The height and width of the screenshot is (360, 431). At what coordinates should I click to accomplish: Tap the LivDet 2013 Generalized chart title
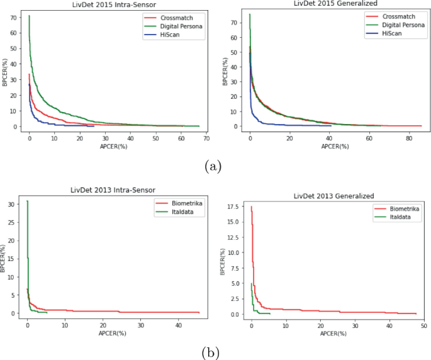click(x=334, y=196)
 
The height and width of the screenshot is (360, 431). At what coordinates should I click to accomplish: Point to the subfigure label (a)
click(x=214, y=166)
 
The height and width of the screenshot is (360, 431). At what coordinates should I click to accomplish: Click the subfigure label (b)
click(x=214, y=352)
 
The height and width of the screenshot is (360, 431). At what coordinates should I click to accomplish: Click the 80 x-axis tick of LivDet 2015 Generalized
click(x=408, y=138)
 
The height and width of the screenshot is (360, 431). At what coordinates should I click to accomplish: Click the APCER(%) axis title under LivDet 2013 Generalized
click(x=334, y=333)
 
